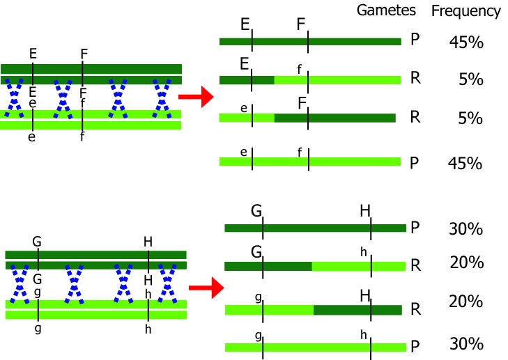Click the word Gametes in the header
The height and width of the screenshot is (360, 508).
point(386,10)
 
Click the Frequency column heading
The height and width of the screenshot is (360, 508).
point(466,11)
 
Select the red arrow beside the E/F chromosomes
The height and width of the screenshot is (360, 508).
point(196,97)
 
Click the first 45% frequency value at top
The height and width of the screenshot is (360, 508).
point(466,43)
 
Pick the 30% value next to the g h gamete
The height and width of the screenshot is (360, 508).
point(466,345)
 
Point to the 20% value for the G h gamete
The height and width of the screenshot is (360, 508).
point(466,263)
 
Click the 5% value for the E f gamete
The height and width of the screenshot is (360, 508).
point(471,79)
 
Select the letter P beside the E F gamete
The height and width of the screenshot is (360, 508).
point(415,39)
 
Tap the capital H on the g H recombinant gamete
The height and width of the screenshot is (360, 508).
point(365,296)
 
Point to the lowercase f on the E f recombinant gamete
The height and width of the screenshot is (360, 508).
point(300,68)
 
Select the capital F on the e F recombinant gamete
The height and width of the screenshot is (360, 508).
point(303,104)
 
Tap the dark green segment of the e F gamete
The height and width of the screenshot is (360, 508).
point(334,118)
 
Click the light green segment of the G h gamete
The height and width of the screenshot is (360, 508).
point(358,266)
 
